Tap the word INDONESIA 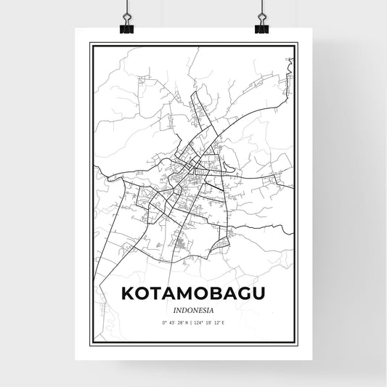[x=193, y=308]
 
